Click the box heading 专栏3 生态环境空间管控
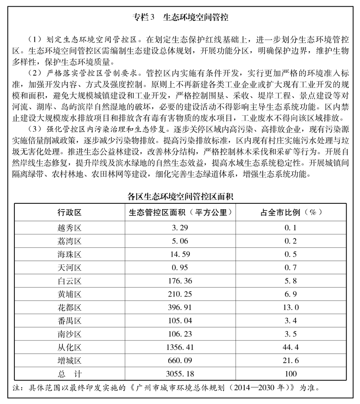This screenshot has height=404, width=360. (180, 18)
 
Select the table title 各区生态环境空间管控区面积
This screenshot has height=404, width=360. (180, 196)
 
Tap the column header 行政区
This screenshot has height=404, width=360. (69, 211)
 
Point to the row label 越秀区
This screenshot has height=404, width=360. (69, 228)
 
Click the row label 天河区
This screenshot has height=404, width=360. (69, 268)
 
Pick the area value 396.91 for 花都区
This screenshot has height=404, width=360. (179, 308)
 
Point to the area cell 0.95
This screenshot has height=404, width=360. (179, 268)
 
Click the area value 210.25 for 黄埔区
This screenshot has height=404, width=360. (179, 295)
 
